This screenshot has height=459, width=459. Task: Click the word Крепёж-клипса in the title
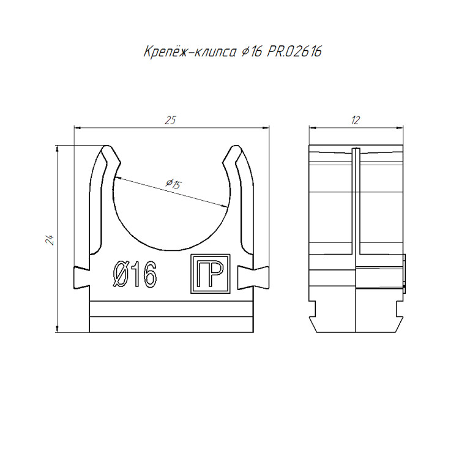click(190, 52)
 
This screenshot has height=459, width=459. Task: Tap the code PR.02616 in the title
click(294, 52)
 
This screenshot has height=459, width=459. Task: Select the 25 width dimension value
click(170, 121)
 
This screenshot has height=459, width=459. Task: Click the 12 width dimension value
click(356, 121)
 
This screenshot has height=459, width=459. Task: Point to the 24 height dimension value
click(49, 240)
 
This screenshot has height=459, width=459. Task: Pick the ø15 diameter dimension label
click(174, 184)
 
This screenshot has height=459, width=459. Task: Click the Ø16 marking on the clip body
click(135, 274)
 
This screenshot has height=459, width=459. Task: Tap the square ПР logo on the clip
click(211, 274)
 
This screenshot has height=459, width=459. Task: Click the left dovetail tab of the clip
click(81, 277)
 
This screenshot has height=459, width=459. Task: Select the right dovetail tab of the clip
click(253, 277)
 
